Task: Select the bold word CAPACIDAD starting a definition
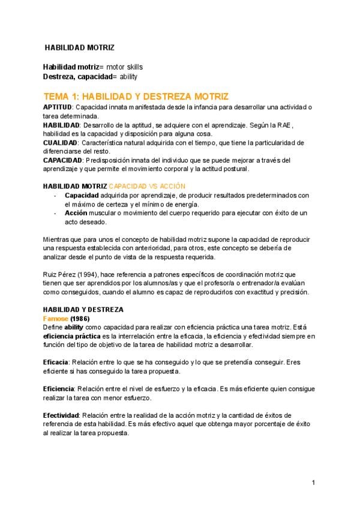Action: [64, 160]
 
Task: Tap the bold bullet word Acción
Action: [76, 213]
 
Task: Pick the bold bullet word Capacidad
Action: [82, 196]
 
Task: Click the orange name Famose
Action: [56, 318]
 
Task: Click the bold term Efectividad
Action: [61, 415]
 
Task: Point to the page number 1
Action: [314, 483]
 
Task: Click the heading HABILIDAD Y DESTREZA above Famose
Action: [83, 310]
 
